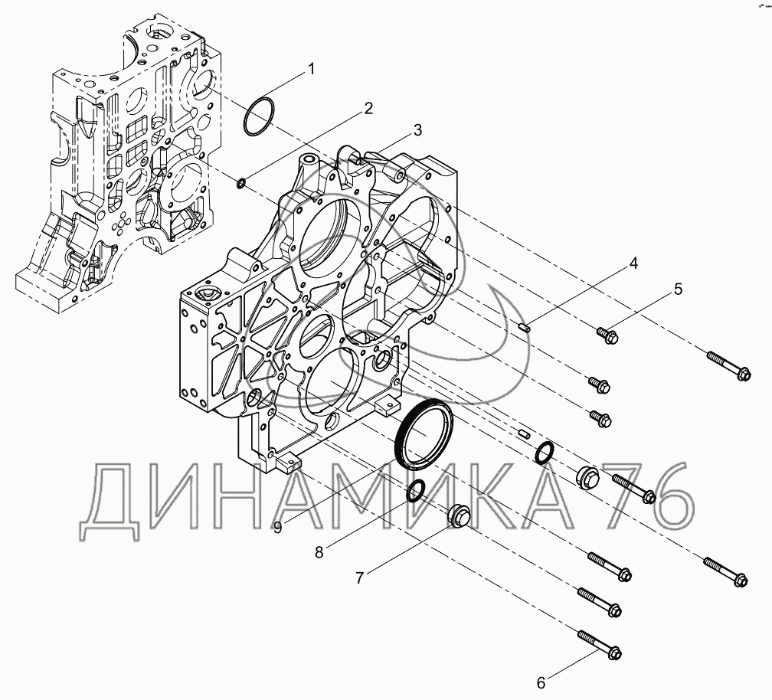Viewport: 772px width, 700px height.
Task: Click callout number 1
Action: [x=311, y=70]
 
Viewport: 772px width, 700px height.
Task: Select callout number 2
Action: [x=368, y=108]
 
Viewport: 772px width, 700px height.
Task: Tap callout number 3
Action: [x=417, y=130]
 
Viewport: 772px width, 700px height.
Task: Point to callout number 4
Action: [x=633, y=263]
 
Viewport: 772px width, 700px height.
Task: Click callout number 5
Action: [x=679, y=289]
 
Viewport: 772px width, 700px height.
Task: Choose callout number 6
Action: [x=541, y=683]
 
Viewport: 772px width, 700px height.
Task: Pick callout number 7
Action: [x=360, y=577]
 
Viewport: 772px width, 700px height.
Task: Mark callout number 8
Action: [x=319, y=552]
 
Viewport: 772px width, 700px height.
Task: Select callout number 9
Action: [x=278, y=528]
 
